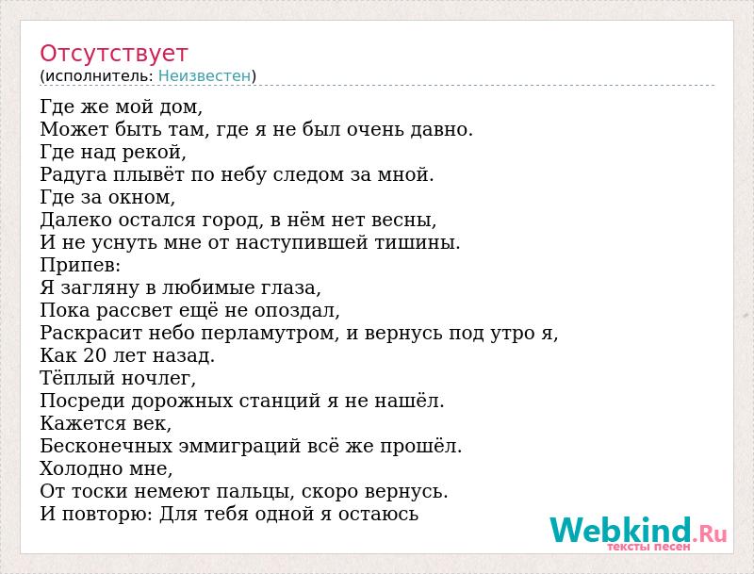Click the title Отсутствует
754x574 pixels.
point(113,54)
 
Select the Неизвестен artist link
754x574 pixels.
point(205,75)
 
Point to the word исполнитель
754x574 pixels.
point(99,76)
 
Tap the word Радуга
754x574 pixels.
point(74,175)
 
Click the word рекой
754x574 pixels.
point(154,153)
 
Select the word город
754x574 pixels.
point(232,221)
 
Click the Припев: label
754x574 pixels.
point(80,266)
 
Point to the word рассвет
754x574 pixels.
point(134,311)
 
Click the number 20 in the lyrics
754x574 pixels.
point(94,355)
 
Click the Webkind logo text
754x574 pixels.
point(638,530)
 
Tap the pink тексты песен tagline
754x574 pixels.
point(648,547)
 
